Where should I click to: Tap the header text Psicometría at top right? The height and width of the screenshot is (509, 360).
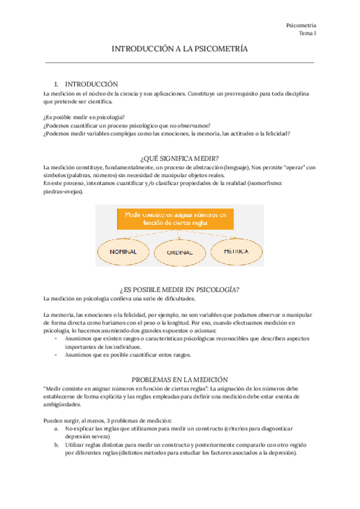click(302, 26)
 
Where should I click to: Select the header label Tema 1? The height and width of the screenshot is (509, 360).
click(307, 34)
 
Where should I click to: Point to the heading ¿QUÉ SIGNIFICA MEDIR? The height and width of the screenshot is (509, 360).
click(179, 158)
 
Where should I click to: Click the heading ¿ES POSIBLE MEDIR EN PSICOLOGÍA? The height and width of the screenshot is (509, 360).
click(179, 289)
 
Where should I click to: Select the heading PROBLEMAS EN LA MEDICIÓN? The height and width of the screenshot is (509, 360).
click(179, 379)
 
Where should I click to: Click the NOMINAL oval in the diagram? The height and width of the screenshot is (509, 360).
click(125, 251)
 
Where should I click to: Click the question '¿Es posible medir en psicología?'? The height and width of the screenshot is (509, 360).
click(85, 117)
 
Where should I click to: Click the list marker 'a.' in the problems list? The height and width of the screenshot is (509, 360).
click(56, 429)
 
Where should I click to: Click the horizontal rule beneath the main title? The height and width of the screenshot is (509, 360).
click(179, 62)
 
